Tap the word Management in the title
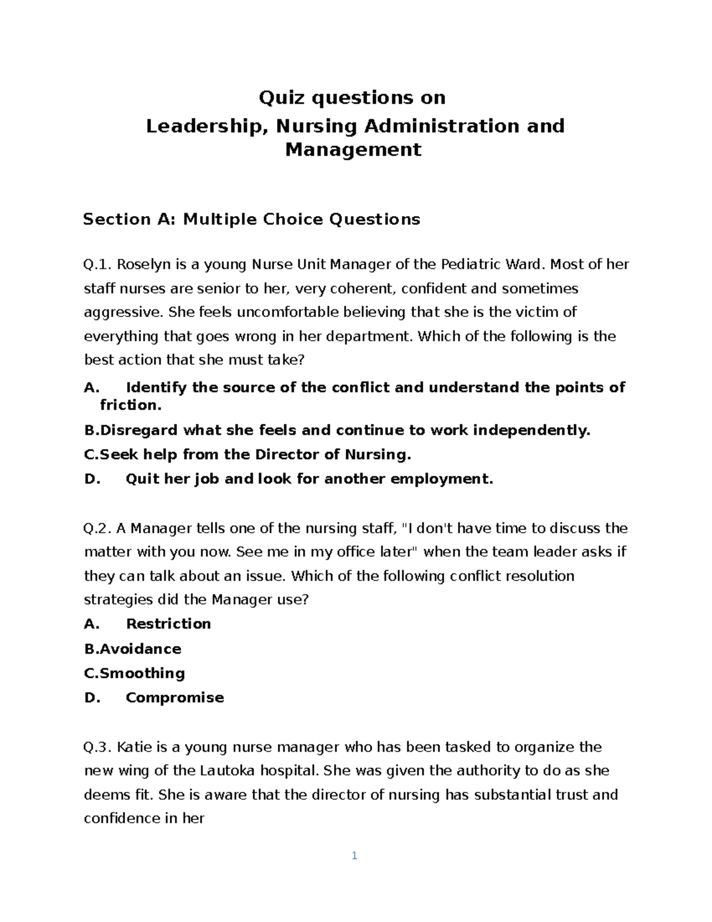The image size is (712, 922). click(x=354, y=149)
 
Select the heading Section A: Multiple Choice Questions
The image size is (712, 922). click(x=252, y=220)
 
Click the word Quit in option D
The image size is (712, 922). click(x=142, y=479)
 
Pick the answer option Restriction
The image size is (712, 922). click(x=169, y=624)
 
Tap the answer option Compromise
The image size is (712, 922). click(x=174, y=698)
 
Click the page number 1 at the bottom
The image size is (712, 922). click(x=354, y=856)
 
